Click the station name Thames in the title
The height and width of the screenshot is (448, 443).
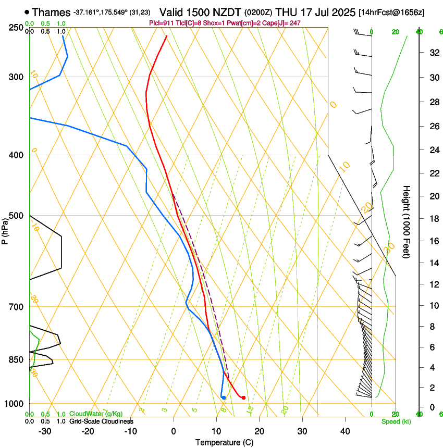tap(51, 11)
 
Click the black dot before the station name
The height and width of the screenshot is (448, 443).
tap(27, 11)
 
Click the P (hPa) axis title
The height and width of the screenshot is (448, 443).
tap(5, 230)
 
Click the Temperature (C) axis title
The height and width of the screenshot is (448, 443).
tap(224, 442)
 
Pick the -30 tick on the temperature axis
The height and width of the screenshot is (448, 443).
tap(45, 431)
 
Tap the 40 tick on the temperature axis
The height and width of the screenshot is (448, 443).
tap(345, 431)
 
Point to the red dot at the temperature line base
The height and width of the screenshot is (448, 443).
tap(243, 398)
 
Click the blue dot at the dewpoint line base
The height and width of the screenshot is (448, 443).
tap(224, 398)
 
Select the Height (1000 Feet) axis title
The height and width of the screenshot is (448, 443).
tap(407, 222)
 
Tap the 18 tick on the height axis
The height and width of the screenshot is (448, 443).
tap(434, 219)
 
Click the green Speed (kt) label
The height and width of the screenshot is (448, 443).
tap(396, 421)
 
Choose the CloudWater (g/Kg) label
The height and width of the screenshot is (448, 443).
tap(93, 414)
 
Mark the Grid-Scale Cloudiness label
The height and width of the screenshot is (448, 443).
tap(101, 421)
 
